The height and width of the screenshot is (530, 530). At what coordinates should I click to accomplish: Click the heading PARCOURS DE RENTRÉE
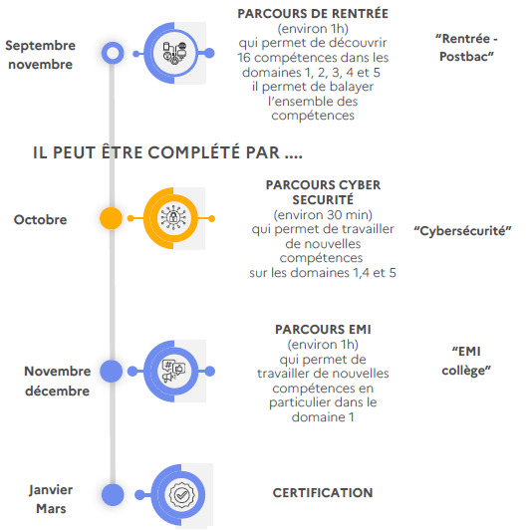coord(313,14)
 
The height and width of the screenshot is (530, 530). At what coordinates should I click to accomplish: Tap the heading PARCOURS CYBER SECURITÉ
coord(323,192)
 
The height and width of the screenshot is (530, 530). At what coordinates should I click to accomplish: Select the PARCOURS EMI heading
coord(323,329)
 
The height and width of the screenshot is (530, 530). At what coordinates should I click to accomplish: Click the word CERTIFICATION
coord(323,493)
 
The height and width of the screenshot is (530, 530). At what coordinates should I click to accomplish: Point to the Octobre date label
coord(40,220)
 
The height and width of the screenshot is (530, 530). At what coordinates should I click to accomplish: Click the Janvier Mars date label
coord(51,499)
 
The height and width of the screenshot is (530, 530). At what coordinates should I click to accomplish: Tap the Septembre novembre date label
coord(40,55)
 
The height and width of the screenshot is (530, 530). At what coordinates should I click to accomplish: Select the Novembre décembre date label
coord(58,381)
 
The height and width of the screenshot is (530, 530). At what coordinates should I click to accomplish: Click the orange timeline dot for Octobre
coord(111,218)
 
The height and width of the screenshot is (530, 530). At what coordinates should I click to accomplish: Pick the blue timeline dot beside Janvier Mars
coord(113,494)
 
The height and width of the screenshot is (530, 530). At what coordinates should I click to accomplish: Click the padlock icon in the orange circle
coord(173,218)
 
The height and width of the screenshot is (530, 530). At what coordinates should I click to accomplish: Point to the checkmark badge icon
coord(181,495)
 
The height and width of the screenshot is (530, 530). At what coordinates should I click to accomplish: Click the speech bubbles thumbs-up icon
coord(173,371)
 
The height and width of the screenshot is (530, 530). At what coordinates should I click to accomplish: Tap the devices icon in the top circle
coord(174,53)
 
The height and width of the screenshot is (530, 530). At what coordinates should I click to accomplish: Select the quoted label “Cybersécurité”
coord(462,231)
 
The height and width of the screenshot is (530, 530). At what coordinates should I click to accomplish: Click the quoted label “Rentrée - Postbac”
coord(466,48)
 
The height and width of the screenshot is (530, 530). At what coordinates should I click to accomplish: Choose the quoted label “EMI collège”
coord(466,361)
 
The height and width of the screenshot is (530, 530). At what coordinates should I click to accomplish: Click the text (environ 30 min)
coord(323,215)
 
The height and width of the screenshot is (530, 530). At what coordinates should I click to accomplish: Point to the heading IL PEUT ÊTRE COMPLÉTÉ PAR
coord(167,152)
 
